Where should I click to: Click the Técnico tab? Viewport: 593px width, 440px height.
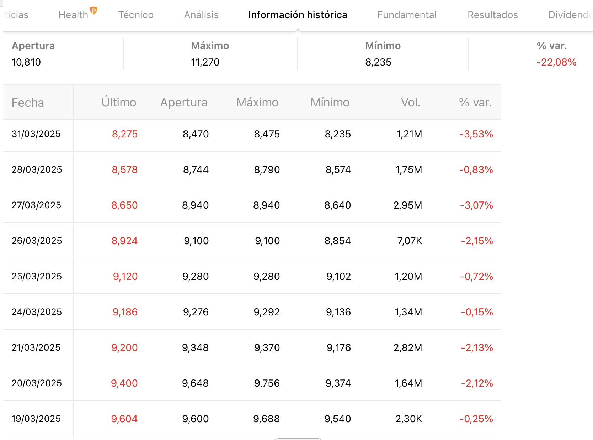pos(136,15)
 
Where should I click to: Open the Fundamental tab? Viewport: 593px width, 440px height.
pos(407,15)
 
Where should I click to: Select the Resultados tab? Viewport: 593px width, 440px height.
pos(493,15)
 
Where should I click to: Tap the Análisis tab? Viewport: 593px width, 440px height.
pos(201,15)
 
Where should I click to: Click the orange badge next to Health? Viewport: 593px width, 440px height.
pos(93,11)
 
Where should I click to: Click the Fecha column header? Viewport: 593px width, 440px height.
pos(28,103)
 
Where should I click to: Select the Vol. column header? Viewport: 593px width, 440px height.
pos(411,102)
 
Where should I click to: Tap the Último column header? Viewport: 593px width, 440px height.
pos(119,102)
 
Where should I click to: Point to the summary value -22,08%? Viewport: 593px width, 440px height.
pos(556,62)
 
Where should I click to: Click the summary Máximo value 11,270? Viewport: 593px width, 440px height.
pos(205,62)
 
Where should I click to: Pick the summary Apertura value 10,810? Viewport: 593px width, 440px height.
pos(26,62)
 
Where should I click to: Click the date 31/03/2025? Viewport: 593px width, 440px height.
pos(36,134)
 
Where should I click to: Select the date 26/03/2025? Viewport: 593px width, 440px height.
pos(37,241)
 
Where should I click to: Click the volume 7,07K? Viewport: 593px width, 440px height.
pos(410,241)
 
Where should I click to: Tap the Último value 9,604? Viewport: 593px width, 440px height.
pos(124,419)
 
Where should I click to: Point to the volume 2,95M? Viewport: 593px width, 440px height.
pos(408,205)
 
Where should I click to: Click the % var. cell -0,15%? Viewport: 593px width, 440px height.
pos(477,312)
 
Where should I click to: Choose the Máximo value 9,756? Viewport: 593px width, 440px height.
pos(267,383)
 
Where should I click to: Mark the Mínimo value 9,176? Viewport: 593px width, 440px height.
pos(339,347)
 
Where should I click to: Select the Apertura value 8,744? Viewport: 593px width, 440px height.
pos(196,169)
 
